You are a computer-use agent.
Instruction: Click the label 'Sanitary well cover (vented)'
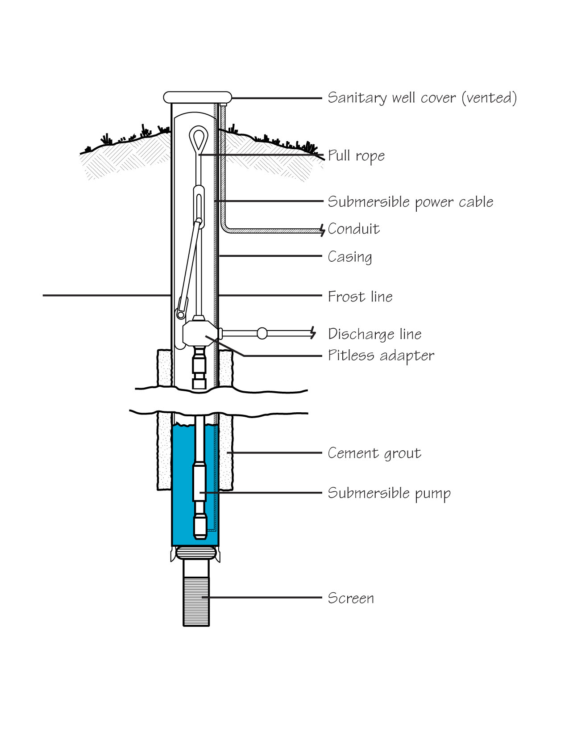pos(422,98)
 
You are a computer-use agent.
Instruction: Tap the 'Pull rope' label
pos(356,156)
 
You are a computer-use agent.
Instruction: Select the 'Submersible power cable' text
pos(411,202)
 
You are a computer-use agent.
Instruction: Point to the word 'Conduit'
pos(354,229)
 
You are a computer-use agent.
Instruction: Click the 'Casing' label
pos(350,257)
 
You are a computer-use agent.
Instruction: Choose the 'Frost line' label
pos(360,297)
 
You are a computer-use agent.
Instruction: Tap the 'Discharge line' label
pos(375,334)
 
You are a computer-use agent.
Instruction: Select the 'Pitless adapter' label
pos(381,356)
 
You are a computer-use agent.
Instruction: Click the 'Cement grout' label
pos(374,453)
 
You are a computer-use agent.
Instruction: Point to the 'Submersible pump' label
pos(389,493)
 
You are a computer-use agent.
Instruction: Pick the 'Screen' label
pos(351,598)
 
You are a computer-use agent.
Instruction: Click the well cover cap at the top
pos(198,97)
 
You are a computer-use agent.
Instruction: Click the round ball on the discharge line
pos(262,333)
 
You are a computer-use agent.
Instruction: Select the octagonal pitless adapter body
pos(198,333)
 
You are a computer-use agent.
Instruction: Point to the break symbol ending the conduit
pos(322,230)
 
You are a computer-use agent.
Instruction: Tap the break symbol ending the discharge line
pos(313,333)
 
